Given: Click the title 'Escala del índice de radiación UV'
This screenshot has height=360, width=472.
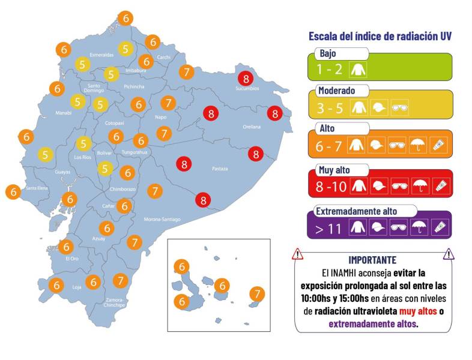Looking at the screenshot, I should pos(380,37).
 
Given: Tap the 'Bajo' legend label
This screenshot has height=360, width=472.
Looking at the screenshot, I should pos(328,53).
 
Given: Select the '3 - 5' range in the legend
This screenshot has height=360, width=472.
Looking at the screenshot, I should pos(329,107).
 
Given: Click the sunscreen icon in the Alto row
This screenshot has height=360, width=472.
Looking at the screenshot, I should pos(439,145).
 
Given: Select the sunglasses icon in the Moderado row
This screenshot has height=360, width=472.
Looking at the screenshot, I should pos(399,107).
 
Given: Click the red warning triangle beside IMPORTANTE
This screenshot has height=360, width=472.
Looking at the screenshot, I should pos(298,254).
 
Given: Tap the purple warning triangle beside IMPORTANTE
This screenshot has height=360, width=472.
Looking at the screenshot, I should pos(448,254).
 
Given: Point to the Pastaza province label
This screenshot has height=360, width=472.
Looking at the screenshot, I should pos(220,169).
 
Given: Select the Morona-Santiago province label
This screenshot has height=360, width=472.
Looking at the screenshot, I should pos(162,220).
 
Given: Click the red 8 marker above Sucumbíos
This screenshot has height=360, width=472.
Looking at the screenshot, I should pos(244,78).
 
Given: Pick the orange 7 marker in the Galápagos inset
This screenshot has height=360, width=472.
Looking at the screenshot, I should pos(256,294).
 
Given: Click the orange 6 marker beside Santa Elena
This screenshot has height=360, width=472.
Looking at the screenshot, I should pos(13,193).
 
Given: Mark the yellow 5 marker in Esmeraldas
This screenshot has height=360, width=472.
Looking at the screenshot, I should pos(125,49).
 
